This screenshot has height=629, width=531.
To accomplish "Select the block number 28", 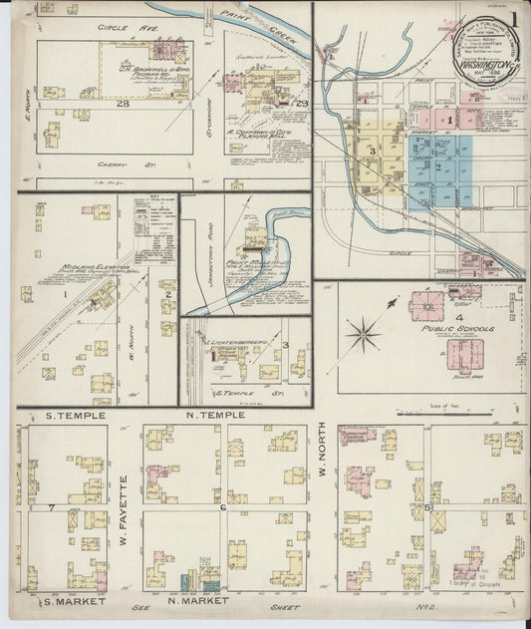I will click(123, 104).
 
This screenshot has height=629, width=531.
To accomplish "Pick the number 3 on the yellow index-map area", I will click(372, 151).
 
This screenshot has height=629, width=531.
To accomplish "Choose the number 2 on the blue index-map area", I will click(437, 167).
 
